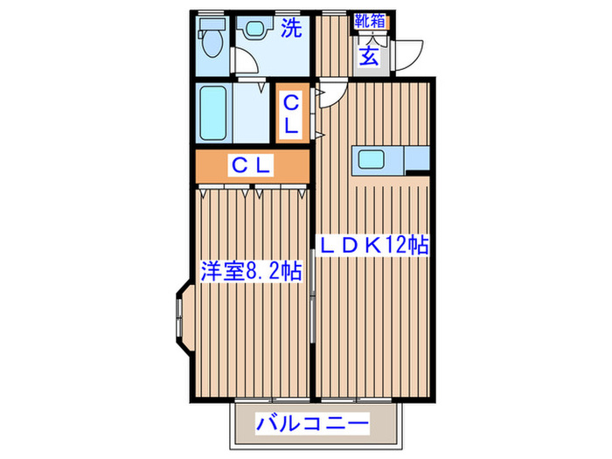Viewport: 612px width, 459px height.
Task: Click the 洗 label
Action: tap(292, 29)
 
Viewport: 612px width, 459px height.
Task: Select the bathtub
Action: tap(213, 113)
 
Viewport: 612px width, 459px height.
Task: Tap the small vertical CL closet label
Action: tap(292, 114)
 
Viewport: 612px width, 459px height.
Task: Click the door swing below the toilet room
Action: tap(249, 59)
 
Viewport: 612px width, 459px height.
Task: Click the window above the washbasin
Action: tap(255, 13)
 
